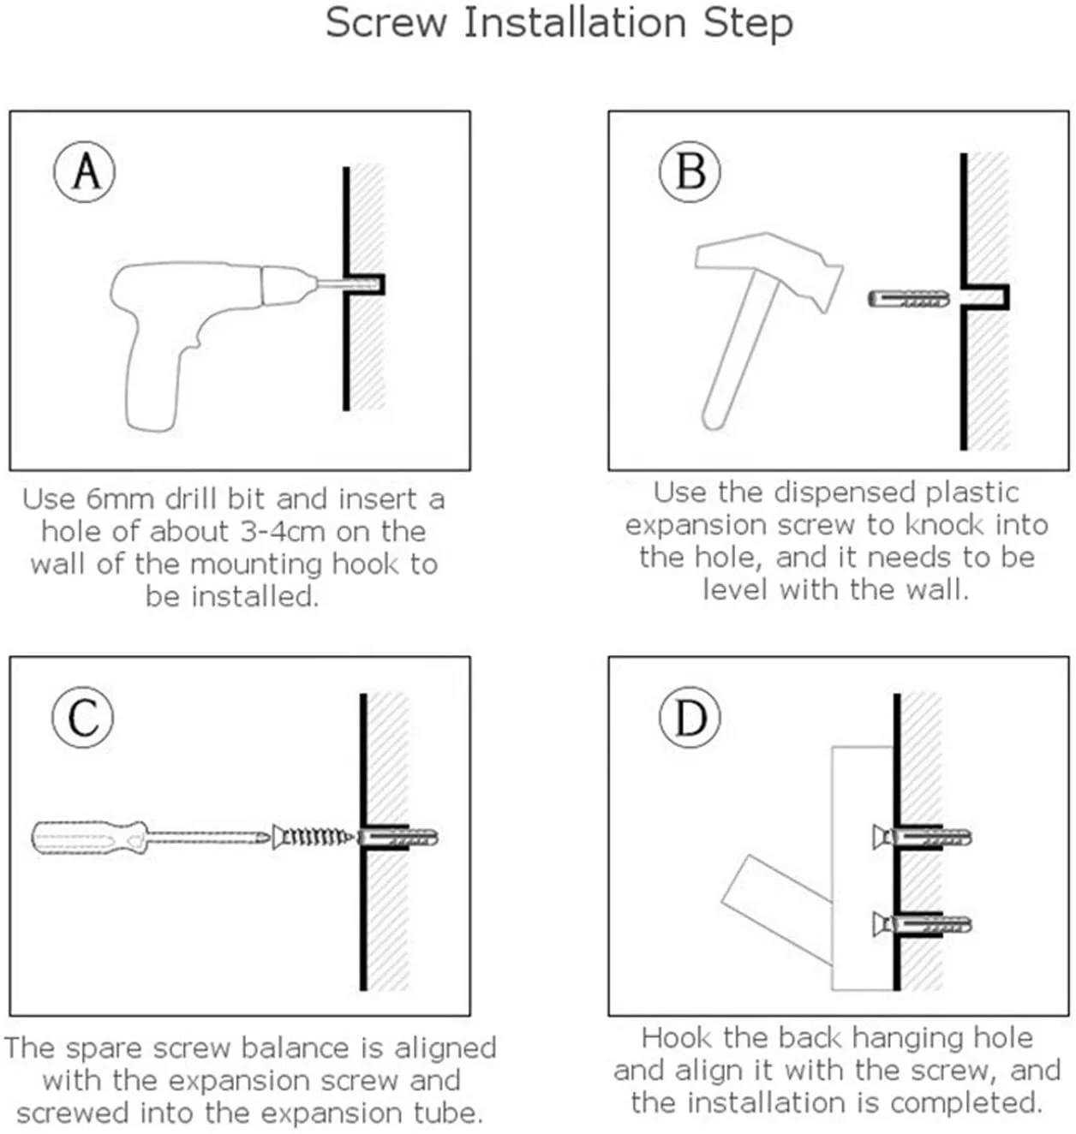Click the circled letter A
(x=85, y=172)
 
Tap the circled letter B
(x=690, y=171)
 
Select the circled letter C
(x=83, y=717)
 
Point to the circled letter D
(x=690, y=717)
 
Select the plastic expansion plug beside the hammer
(x=908, y=300)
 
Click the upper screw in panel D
(x=921, y=836)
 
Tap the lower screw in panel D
(x=921, y=924)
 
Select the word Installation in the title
(x=575, y=22)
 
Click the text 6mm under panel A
(x=121, y=499)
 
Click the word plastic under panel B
(x=964, y=492)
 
